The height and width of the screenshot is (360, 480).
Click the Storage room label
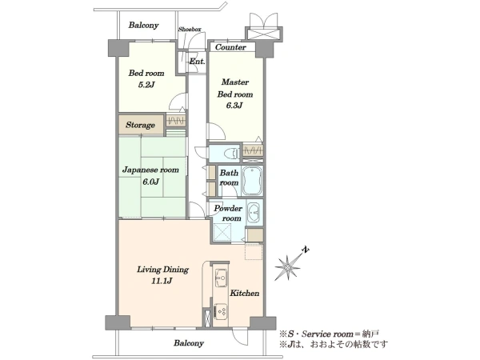click(140, 125)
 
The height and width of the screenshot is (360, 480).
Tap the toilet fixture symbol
click(231, 153)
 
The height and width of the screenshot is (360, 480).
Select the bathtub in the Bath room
click(252, 181)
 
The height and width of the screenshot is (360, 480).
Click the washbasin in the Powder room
click(254, 212)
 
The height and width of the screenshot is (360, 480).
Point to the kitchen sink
click(221, 278)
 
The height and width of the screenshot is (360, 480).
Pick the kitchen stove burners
click(221, 312)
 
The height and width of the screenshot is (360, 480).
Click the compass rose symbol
click(288, 267)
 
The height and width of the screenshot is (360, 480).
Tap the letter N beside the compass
click(306, 250)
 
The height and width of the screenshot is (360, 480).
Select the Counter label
click(230, 47)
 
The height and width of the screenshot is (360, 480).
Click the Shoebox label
click(190, 30)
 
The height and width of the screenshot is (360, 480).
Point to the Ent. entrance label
click(197, 62)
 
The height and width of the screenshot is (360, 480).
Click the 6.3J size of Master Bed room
click(234, 106)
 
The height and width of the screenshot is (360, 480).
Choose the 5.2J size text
click(146, 85)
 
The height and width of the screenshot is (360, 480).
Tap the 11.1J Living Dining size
click(162, 281)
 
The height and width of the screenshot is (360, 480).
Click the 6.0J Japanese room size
click(150, 182)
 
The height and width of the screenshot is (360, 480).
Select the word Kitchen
click(245, 293)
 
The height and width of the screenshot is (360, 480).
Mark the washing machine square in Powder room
click(222, 232)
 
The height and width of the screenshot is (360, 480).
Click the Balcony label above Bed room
click(143, 25)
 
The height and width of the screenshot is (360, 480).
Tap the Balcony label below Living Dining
click(189, 343)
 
